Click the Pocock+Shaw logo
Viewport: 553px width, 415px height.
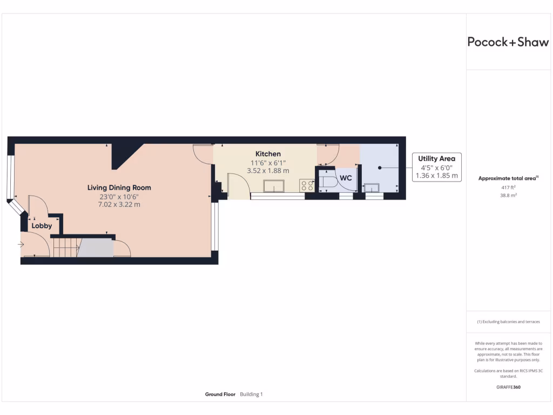point(508,42)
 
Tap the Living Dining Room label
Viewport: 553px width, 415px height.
point(119,188)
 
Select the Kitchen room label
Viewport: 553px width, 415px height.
point(268,154)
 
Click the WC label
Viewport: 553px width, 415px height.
point(346,178)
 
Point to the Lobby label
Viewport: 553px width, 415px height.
point(42,226)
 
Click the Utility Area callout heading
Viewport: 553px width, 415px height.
point(437,158)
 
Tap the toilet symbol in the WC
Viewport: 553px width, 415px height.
point(327,182)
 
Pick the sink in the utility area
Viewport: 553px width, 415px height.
point(372,188)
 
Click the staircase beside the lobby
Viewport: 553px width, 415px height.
point(66,247)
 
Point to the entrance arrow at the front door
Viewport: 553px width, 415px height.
point(21,245)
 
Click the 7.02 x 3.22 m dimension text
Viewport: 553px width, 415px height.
point(119,204)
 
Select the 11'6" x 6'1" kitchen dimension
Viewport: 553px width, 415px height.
point(268,163)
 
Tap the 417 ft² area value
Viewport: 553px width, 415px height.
point(508,188)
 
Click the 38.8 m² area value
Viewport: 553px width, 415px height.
point(508,196)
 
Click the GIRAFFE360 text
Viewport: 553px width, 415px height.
point(508,387)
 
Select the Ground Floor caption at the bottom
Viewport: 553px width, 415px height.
point(220,394)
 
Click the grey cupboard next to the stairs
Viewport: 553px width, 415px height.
point(96,247)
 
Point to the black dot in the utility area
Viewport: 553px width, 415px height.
point(380,168)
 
